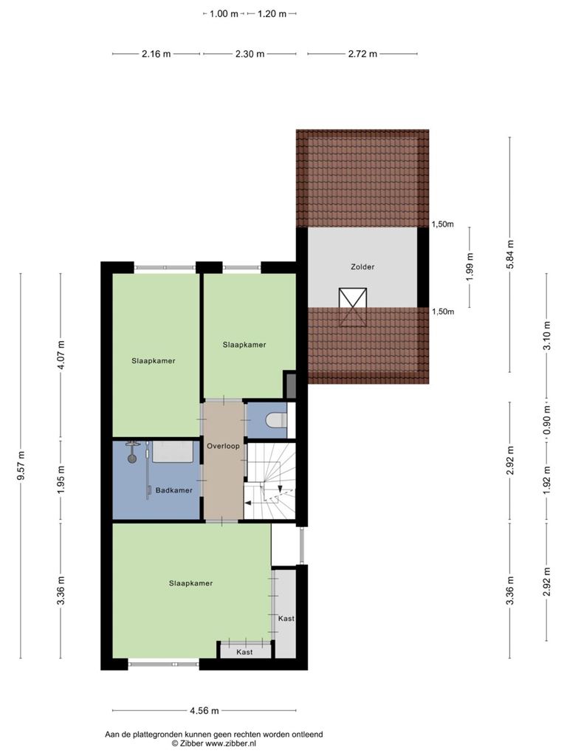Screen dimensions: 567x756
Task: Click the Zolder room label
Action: coord(362,267)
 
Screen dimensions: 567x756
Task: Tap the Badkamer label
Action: coord(173,490)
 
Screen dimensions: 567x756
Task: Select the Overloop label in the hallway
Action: coord(223,446)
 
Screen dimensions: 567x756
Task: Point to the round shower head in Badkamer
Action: coord(132,458)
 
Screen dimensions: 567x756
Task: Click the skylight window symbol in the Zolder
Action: coord(352,308)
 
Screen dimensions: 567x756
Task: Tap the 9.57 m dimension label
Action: coord(21,466)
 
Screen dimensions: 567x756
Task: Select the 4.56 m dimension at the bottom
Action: coord(205,710)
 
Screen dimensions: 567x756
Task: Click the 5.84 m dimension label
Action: coord(510,254)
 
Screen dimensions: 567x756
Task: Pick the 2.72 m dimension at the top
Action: coord(362,54)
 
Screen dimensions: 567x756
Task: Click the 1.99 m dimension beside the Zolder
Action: coord(470,267)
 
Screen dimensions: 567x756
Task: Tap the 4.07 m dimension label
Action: coord(61,355)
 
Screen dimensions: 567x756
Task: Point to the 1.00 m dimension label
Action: coord(224,13)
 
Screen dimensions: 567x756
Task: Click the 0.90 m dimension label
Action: coord(547,419)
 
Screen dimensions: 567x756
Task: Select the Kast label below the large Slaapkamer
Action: coord(244,652)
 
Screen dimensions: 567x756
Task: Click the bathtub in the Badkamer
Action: coord(173,452)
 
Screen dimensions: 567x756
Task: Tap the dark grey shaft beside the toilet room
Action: coord(291,385)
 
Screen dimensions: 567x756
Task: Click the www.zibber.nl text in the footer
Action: coord(230,743)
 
